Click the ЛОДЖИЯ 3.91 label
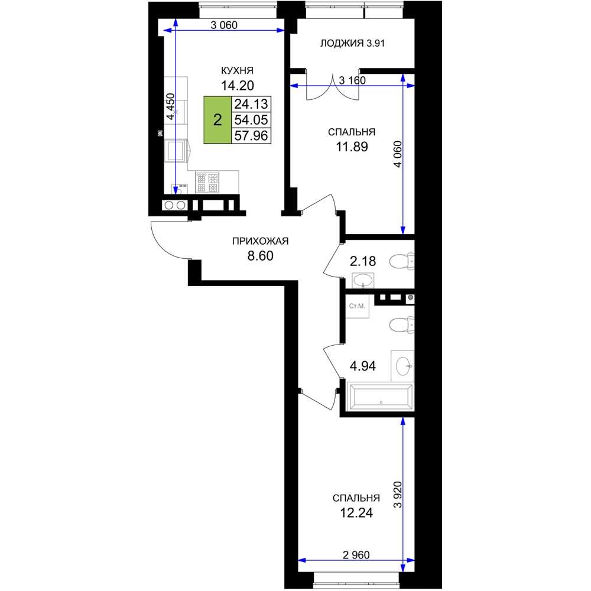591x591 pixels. (x=352, y=43)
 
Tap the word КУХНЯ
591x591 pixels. (x=237, y=70)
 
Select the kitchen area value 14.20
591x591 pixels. (x=238, y=86)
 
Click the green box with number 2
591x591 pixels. (x=217, y=120)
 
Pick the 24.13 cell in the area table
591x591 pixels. (x=251, y=103)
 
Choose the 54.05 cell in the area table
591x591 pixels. (x=251, y=120)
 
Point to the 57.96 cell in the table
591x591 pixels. (x=251, y=135)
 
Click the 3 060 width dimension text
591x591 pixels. (x=224, y=25)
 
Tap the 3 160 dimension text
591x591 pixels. (x=352, y=80)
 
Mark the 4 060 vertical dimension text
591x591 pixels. (x=398, y=154)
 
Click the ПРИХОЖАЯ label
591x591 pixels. (x=261, y=241)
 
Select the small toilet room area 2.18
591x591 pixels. (x=363, y=261)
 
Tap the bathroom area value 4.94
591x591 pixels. (x=363, y=366)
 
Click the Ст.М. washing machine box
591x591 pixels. (x=358, y=306)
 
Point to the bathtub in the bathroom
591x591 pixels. (x=381, y=397)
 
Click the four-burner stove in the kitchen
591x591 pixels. (x=207, y=182)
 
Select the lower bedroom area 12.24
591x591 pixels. (x=356, y=512)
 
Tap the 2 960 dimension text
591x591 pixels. (x=356, y=555)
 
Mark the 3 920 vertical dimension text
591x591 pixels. (x=398, y=495)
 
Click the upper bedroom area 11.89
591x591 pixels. (x=352, y=146)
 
